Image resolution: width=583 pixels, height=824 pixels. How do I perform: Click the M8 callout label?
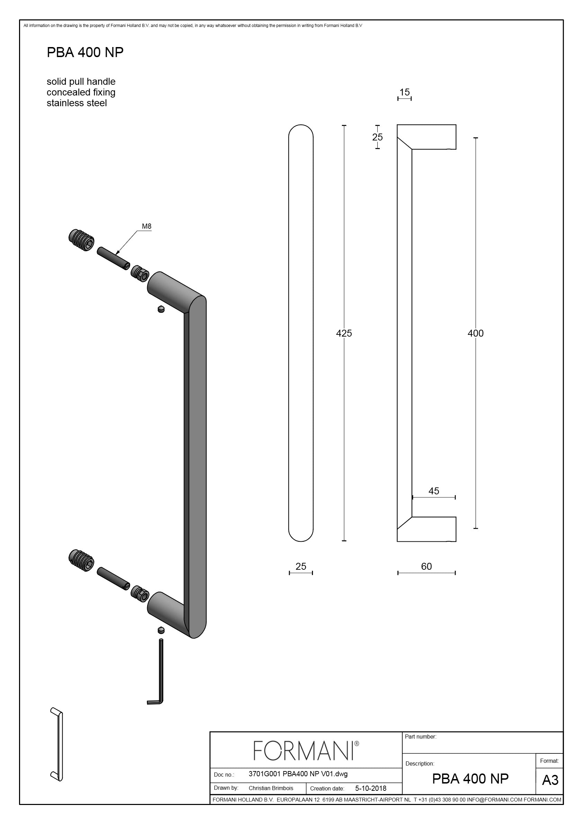pos(146,227)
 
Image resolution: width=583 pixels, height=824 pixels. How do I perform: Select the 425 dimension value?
pos(344,333)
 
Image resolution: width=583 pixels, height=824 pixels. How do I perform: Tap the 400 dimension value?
pos(475,333)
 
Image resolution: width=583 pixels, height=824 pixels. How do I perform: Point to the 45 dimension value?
pos(433,491)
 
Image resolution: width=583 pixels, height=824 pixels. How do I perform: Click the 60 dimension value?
pos(426,566)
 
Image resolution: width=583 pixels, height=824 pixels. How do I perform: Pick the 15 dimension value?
pos(404,92)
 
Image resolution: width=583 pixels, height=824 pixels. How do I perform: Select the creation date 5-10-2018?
pos(371,788)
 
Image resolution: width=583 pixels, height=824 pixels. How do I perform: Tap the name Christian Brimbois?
pos(271,788)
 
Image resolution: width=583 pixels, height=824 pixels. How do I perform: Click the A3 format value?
pos(550,780)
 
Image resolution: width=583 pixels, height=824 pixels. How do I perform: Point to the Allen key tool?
pos(158,672)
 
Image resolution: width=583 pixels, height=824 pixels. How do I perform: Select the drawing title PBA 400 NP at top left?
pos(85,52)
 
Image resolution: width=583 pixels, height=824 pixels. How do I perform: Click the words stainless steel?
pos(77,103)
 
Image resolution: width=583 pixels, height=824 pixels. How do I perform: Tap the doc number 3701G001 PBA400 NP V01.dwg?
pos(298,774)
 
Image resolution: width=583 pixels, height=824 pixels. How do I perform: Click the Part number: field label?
pos(420,736)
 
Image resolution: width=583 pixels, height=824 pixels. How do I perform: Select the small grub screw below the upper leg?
pos(161,309)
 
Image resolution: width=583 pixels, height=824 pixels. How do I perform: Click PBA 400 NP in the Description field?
pos(470,778)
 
